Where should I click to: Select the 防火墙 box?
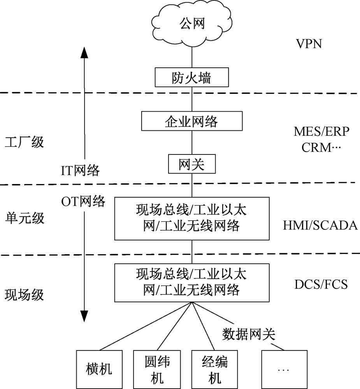[191, 77]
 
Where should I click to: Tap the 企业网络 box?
[191, 121]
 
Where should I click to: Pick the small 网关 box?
[191, 165]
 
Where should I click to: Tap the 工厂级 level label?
[24, 142]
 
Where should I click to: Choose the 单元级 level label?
[24, 217]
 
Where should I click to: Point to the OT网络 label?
[83, 201]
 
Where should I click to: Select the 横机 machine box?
[99, 369]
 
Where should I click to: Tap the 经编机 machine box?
[215, 369]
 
